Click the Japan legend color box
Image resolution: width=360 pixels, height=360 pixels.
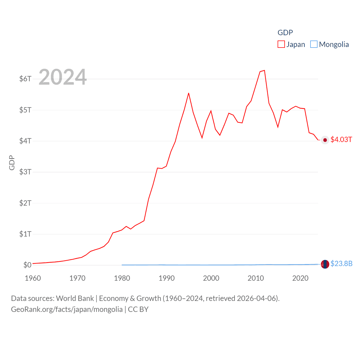281,44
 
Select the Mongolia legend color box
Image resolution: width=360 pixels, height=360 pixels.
314,44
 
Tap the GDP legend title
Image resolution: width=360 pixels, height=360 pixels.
285,33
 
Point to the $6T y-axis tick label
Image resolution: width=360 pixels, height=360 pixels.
25,79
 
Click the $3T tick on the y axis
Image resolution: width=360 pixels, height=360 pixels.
25,172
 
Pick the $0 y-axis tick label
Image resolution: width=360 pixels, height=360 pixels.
27,265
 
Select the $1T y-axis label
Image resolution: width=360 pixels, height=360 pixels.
25,234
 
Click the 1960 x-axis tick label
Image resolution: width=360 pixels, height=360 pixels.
33,278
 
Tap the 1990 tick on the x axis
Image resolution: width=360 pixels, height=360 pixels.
166,278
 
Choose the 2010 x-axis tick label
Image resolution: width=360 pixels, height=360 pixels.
256,278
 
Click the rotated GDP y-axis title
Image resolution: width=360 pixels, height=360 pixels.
12,163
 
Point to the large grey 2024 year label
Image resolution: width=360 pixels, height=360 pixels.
62,77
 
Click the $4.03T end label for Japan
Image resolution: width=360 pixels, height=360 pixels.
341,140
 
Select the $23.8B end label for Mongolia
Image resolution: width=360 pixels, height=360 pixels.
341,264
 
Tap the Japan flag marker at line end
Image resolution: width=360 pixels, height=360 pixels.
325,140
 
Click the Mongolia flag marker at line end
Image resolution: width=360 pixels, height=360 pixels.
325,264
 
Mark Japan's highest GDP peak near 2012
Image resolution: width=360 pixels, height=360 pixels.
264,70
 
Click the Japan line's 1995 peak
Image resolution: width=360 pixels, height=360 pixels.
188,93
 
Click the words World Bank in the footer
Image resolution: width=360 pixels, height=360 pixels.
75,298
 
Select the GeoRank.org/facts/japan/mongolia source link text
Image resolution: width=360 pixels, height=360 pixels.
67,309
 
